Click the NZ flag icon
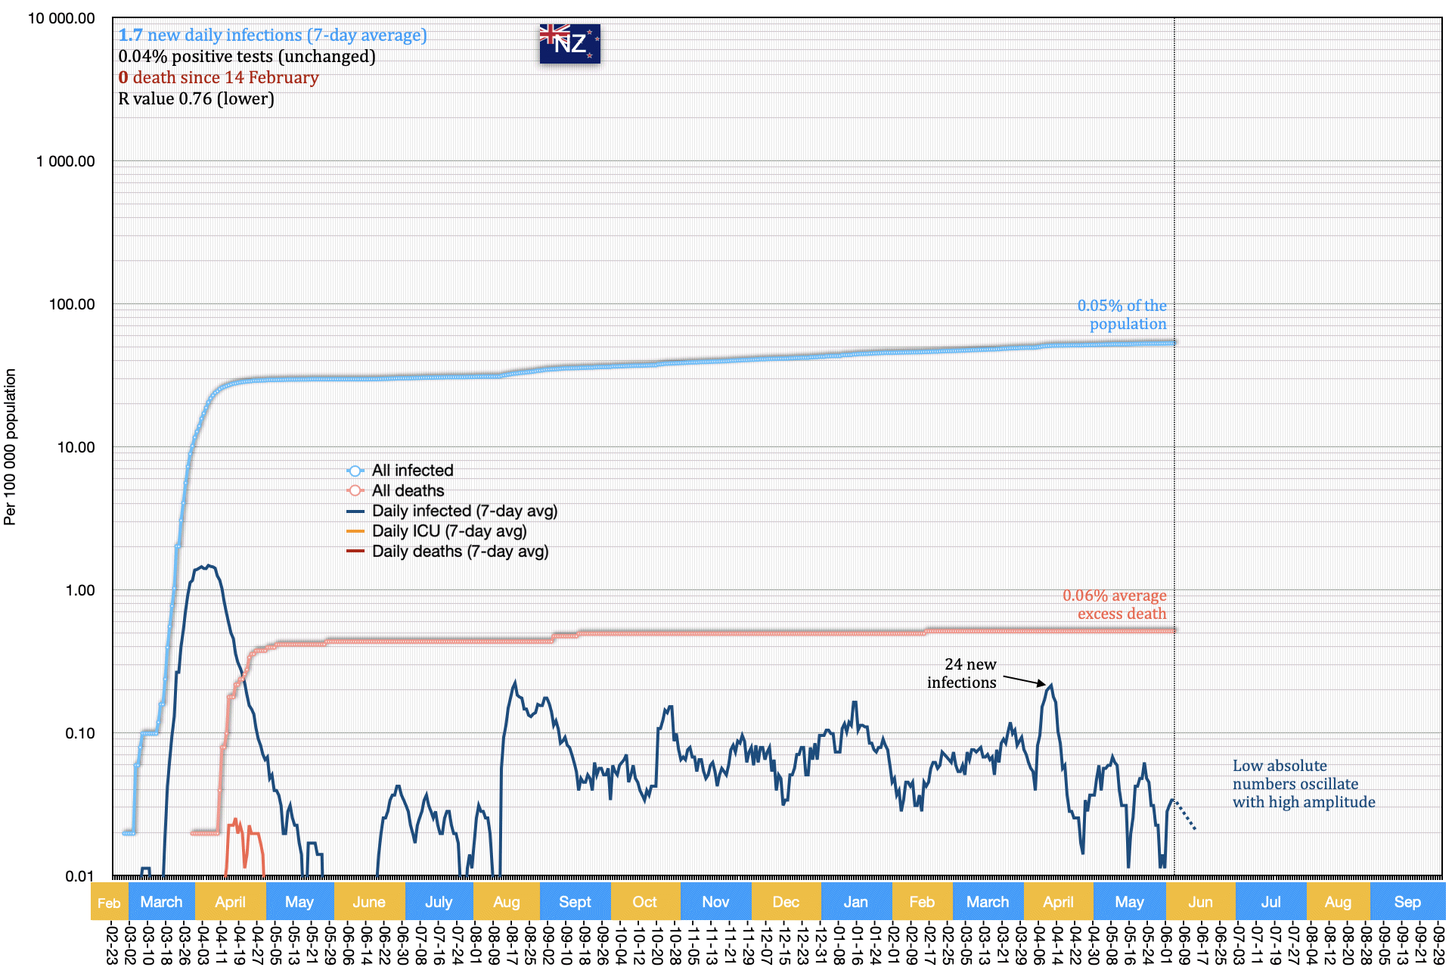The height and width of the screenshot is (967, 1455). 569,43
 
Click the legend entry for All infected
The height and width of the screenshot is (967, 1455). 412,471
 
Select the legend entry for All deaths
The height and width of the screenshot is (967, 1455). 408,491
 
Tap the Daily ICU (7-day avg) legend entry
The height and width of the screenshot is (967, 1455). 448,531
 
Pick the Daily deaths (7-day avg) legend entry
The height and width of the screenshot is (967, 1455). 459,552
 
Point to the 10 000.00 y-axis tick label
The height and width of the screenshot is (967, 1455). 61,18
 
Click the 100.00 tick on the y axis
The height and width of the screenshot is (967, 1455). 72,304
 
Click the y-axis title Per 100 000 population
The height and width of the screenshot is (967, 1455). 10,446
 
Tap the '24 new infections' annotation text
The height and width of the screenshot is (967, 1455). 962,673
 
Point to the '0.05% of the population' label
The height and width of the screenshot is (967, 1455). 1122,315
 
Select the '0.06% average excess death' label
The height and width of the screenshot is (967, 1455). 1115,605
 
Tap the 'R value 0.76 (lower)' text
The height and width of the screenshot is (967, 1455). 197,99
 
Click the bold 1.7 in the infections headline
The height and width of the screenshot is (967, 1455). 130,36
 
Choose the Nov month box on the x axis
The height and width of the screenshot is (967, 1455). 715,902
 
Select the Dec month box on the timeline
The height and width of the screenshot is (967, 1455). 786,902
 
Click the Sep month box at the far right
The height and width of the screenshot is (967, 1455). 1407,902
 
